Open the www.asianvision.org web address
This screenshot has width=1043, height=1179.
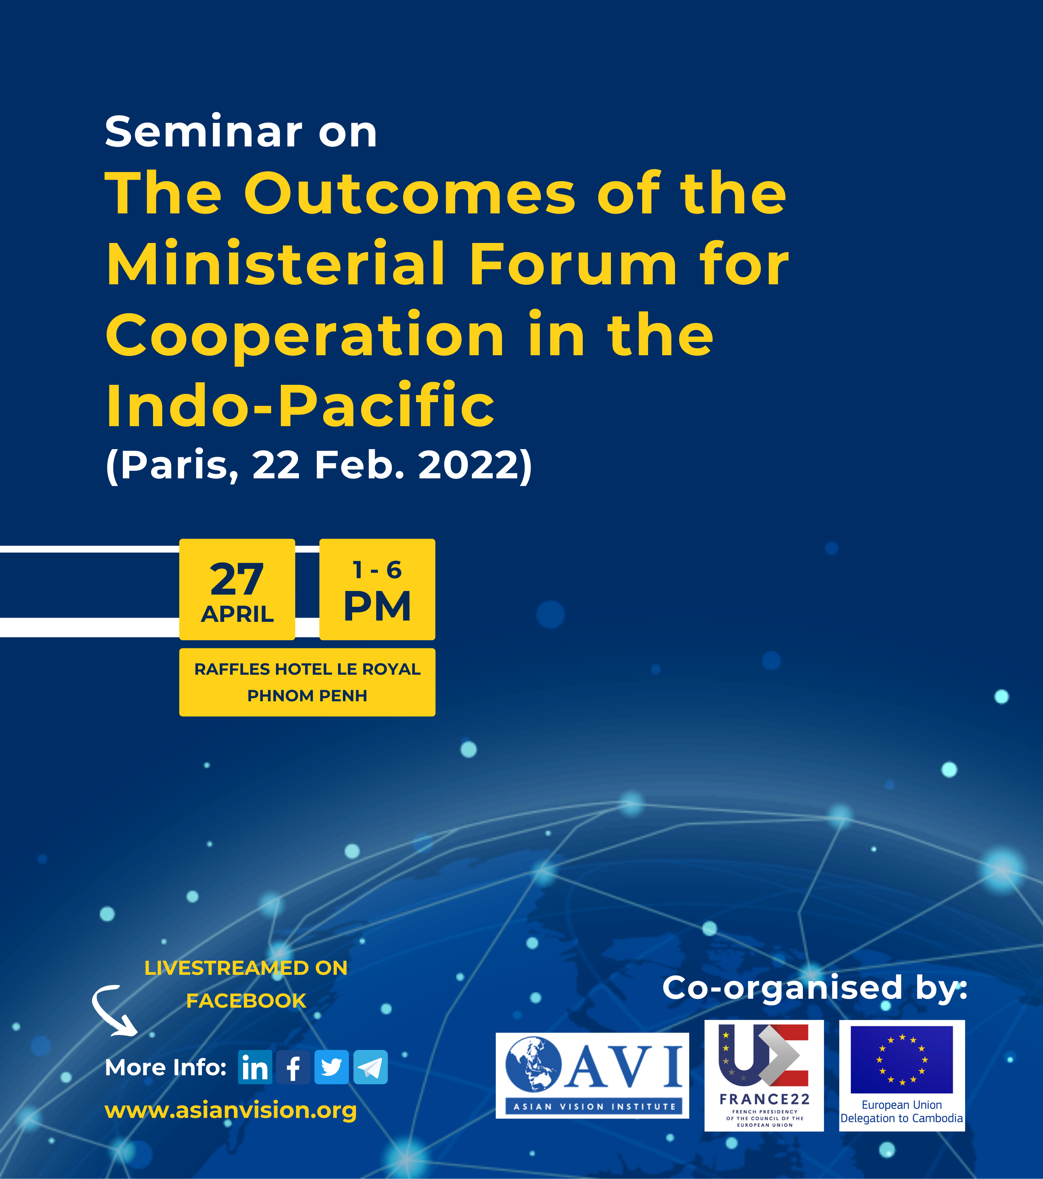point(231,1110)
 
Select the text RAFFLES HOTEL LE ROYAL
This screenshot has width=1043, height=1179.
point(307,669)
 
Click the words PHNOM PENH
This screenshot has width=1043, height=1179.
point(307,696)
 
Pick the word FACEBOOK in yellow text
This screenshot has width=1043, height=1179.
point(246,1001)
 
